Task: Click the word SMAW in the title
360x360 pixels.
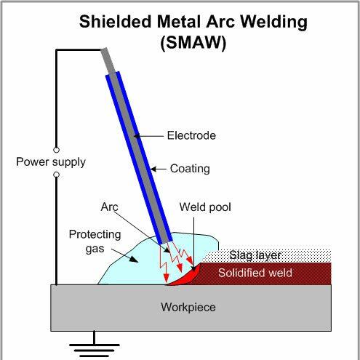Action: tap(193, 43)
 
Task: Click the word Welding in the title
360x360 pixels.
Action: tap(274, 22)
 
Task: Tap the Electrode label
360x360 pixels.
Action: tap(191, 135)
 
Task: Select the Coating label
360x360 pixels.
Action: tap(190, 169)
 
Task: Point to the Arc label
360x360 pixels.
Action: tap(109, 207)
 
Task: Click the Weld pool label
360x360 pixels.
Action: tap(205, 207)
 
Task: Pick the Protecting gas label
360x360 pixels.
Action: tap(95, 241)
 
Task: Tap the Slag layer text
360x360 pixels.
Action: tap(255, 255)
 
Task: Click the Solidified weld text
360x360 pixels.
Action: tap(255, 273)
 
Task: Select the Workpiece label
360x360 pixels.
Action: tap(188, 308)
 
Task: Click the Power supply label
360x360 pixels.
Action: tap(51, 162)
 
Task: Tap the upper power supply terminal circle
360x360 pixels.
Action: tap(56, 150)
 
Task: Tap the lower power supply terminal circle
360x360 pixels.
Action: tap(56, 175)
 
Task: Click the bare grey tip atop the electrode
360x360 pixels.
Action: tap(108, 60)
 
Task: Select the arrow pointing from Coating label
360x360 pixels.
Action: tap(159, 169)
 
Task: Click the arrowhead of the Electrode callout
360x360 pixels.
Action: tap(137, 136)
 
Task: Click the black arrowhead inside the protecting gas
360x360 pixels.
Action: tap(134, 259)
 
